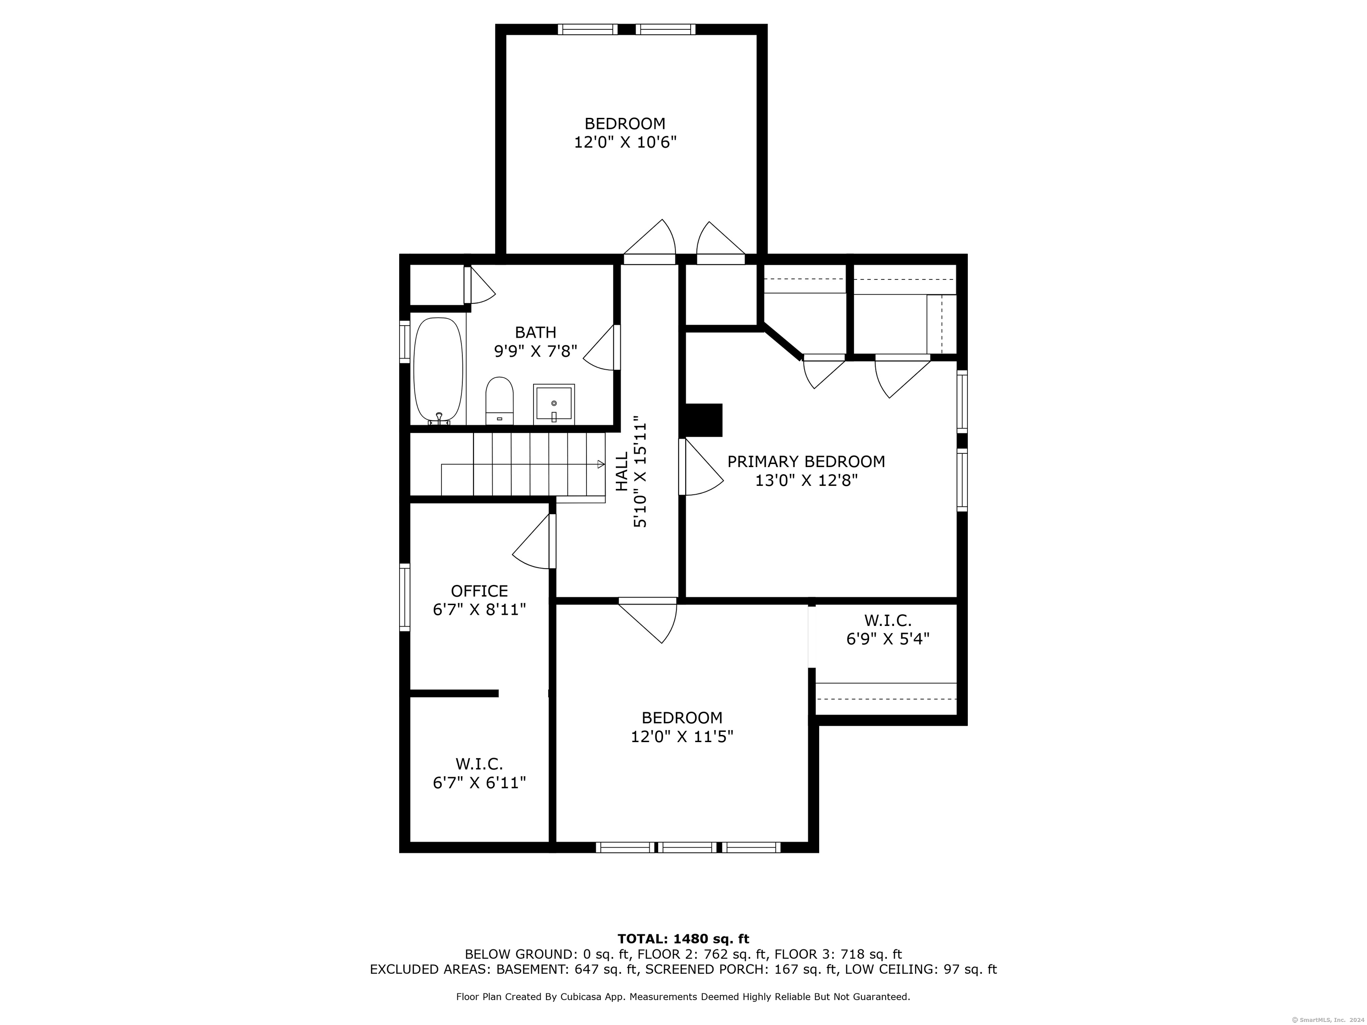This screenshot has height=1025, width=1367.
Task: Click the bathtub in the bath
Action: pos(437,371)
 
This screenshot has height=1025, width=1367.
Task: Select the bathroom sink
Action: pos(554,405)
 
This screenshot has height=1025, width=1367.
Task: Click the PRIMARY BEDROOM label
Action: pos(806,461)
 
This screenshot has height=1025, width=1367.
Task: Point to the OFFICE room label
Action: pos(480,591)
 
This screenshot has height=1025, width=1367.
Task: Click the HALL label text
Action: pos(622,472)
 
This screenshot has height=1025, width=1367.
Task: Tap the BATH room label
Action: pos(536,332)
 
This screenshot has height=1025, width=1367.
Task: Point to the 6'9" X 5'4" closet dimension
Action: pos(888,638)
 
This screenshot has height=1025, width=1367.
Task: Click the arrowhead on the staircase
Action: pos(601,464)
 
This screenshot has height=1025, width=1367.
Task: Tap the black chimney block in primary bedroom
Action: pos(701,420)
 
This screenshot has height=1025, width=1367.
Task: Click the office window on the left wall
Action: pos(405,597)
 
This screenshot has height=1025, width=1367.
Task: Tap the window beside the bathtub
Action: pos(405,342)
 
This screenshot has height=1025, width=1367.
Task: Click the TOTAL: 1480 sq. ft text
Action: pos(683,939)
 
